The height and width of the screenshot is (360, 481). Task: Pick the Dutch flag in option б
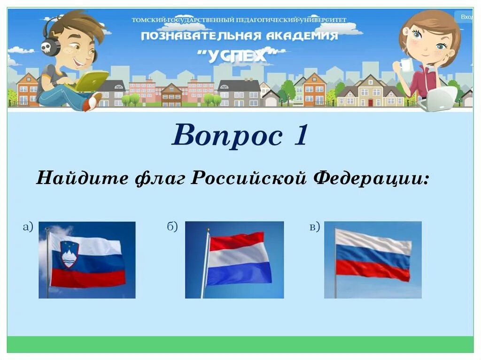[239, 259]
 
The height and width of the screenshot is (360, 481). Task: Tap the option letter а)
[29, 227]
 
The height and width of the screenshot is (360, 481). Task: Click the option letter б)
[172, 227]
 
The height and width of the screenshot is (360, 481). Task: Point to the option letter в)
[314, 227]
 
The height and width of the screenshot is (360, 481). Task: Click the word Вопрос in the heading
[223, 135]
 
